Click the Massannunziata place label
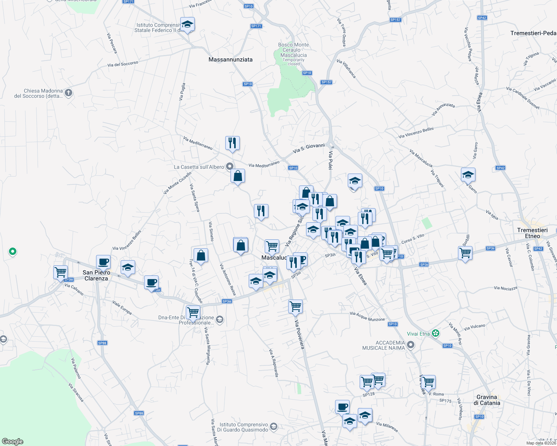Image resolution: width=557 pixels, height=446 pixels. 230,59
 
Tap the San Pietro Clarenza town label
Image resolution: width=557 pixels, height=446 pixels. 96,275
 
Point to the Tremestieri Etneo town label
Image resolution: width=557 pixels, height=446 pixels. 532,233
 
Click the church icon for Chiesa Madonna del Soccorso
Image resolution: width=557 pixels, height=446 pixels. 69,93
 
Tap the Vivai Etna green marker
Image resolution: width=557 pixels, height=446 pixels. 436,333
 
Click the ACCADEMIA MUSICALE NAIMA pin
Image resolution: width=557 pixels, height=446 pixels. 410,345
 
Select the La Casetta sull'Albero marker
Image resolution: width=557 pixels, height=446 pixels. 230,167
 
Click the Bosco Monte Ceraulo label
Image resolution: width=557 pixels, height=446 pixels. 293,50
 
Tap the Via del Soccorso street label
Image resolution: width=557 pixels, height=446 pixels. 122,64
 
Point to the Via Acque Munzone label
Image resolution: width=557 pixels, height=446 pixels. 367,316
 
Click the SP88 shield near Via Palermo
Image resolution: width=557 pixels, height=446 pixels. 102,343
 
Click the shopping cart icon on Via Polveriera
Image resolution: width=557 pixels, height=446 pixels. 295,307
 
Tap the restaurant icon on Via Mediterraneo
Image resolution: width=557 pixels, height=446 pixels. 232,143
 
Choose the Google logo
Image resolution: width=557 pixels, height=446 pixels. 13,442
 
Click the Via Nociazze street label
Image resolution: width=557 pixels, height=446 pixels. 506,288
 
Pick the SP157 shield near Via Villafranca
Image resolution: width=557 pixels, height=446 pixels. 326,82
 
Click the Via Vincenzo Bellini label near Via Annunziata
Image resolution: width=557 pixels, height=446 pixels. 416,133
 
